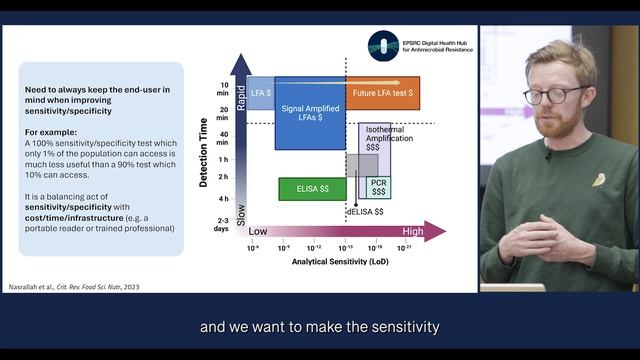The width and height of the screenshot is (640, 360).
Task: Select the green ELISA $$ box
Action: (x=305, y=187)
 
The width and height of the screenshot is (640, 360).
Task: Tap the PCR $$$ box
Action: (x=379, y=187)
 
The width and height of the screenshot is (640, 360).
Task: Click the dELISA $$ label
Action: (x=359, y=213)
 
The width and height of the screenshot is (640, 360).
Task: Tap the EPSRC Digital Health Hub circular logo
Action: (x=382, y=45)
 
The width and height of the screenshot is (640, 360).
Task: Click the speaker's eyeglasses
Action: (x=553, y=96)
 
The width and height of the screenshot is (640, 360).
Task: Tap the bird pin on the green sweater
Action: (x=598, y=180)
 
